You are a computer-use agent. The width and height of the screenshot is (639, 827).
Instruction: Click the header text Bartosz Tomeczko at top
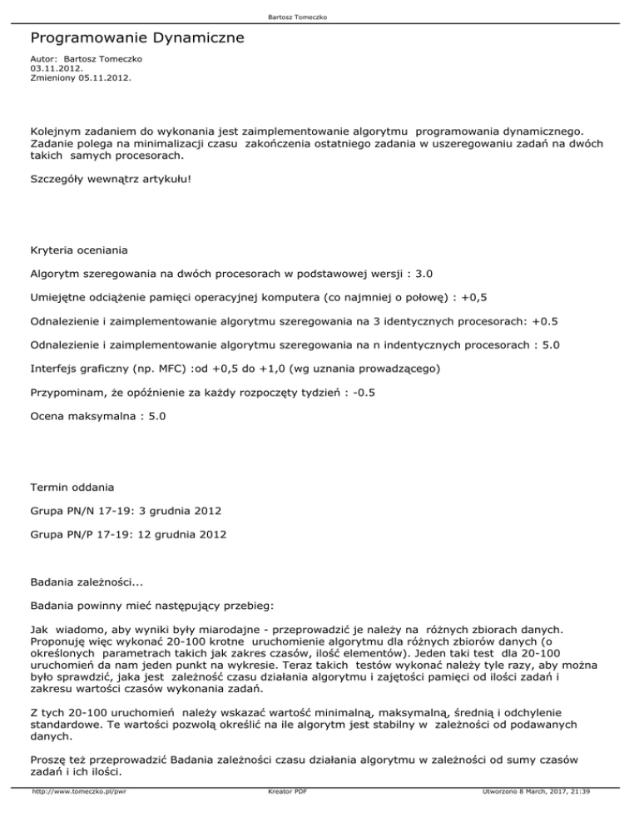click(319, 14)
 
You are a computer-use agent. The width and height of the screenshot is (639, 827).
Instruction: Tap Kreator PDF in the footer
click(284, 815)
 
